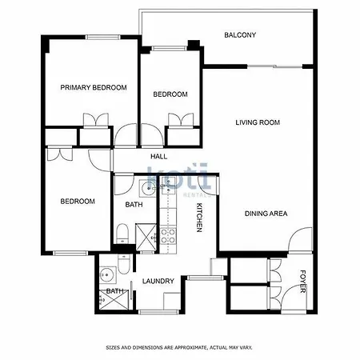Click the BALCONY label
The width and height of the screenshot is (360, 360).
240,35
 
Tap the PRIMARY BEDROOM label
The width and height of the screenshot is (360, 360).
94,87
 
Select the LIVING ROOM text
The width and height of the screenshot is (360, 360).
258,122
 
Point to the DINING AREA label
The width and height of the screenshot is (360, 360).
266,214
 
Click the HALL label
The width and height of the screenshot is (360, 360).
159,156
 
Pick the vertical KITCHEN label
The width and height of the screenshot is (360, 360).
199,218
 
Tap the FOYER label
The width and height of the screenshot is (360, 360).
302,282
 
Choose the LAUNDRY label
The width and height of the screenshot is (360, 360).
158,281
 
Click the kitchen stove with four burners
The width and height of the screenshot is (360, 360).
168,236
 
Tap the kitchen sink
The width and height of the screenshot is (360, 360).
168,185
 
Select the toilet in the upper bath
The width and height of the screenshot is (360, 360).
122,234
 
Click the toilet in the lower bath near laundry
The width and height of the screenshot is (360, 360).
123,264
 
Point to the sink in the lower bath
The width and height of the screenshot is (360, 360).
108,274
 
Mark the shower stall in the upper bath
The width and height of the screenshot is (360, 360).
146,237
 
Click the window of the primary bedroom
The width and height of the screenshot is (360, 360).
102,38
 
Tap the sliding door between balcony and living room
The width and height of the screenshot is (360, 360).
274,66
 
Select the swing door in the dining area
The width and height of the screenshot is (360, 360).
301,239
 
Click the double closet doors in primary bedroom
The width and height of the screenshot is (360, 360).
96,121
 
